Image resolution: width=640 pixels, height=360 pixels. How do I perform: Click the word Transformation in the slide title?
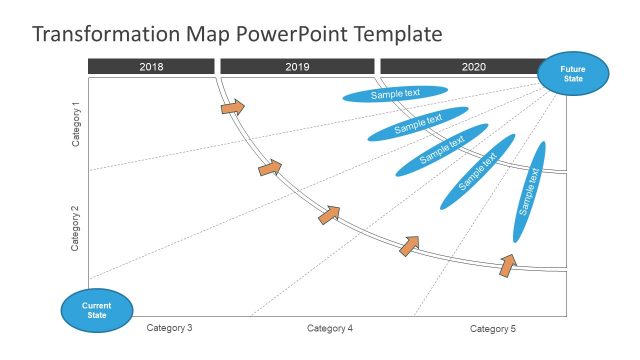pyautogui.click(x=107, y=35)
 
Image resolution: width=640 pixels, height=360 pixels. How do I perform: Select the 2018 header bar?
pyautogui.click(x=151, y=66)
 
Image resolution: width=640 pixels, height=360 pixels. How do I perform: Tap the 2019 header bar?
pyautogui.click(x=297, y=66)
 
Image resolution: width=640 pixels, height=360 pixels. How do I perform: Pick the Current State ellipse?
pyautogui.click(x=96, y=309)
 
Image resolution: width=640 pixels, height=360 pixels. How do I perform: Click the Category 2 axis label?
pyautogui.click(x=76, y=228)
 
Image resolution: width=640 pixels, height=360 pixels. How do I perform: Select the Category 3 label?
pyautogui.click(x=169, y=328)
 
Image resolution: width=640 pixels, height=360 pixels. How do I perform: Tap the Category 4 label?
pyautogui.click(x=330, y=328)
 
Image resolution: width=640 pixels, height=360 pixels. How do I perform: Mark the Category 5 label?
pyautogui.click(x=493, y=328)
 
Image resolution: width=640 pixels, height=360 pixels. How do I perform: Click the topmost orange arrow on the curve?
pyautogui.click(x=232, y=106)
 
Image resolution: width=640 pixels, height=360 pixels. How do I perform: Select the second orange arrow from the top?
pyautogui.click(x=270, y=168)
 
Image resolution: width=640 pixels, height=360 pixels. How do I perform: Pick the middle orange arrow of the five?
pyautogui.click(x=329, y=215)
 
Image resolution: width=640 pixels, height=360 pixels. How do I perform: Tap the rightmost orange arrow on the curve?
pyautogui.click(x=508, y=264)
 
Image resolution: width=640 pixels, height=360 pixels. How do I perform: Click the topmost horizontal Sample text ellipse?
pyautogui.click(x=395, y=94)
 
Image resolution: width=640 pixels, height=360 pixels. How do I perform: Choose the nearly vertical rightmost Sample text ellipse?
pyautogui.click(x=529, y=192)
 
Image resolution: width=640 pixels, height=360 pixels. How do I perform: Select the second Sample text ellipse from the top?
pyautogui.click(x=418, y=124)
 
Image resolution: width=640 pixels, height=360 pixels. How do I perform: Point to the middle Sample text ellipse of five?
pyautogui.click(x=442, y=150)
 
